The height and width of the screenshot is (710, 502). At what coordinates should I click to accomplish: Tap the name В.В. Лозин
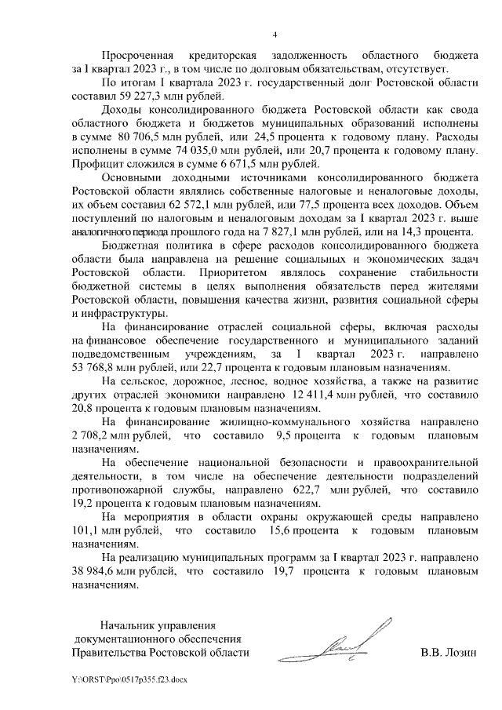(x=449, y=652)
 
